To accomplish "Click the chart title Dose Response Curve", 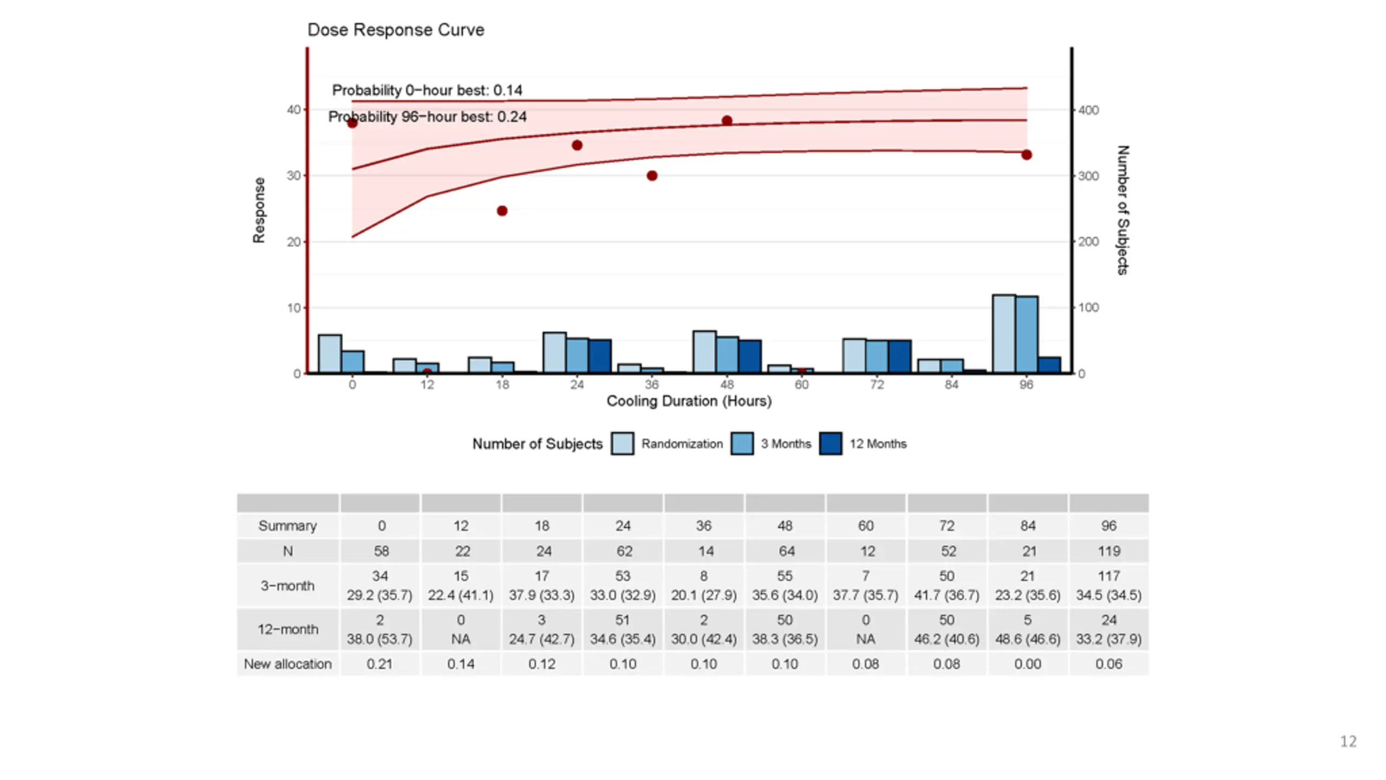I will tap(396, 30).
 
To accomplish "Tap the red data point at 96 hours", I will tap(1027, 155).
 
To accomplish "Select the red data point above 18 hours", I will tap(502, 211).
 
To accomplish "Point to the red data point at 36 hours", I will tap(652, 175).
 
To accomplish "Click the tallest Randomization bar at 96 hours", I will tap(1003, 334).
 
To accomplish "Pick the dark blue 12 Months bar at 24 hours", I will tap(600, 356).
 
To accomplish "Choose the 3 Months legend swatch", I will tap(742, 444).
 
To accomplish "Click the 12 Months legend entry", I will tap(878, 444).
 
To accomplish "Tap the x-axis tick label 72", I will tap(877, 385).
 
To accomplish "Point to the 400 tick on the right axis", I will tap(1088, 110).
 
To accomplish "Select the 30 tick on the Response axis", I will tap(293, 175).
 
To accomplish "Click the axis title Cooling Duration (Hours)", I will tap(689, 401).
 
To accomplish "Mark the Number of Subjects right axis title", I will tap(1123, 210).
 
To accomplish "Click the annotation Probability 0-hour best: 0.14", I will tap(427, 90).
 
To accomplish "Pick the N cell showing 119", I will tap(1109, 551).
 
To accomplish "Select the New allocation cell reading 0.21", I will tap(380, 664).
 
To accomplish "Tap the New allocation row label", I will tap(287, 664).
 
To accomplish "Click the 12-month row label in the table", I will tap(287, 629).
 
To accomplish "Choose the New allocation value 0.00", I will tap(1028, 664).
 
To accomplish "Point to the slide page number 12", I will tap(1348, 741).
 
